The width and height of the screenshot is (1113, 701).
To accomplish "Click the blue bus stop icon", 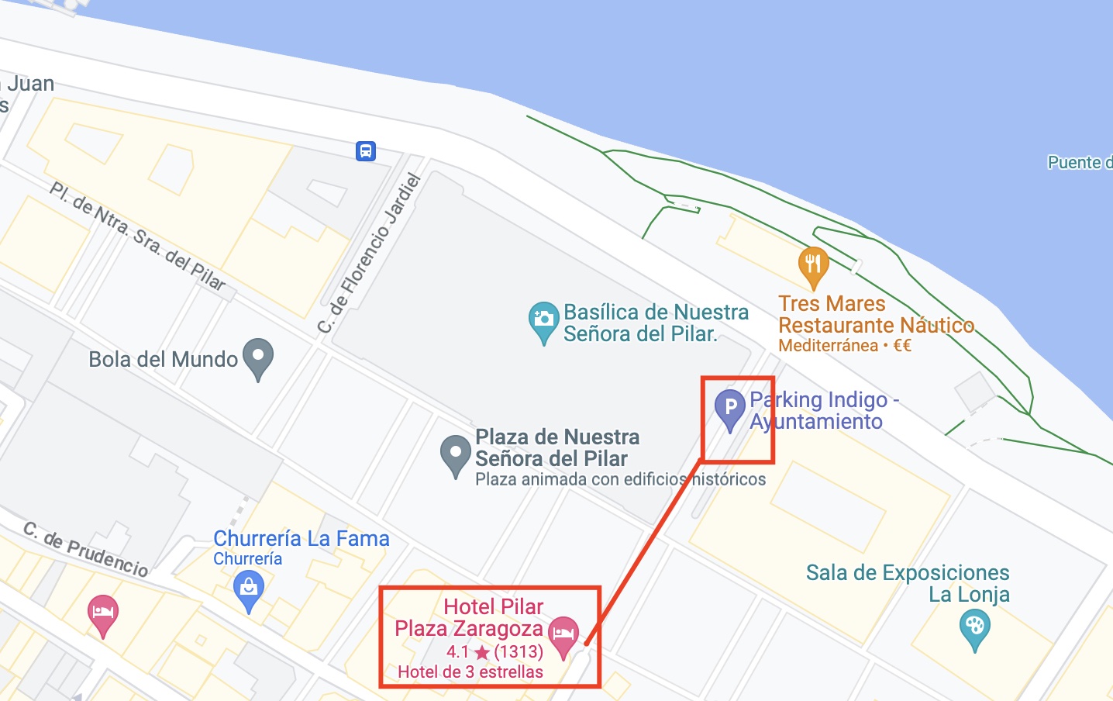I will pyautogui.click(x=366, y=150).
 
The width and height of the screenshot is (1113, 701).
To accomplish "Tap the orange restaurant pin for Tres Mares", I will pyautogui.click(x=813, y=264).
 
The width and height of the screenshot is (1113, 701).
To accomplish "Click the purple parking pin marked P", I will pyautogui.click(x=729, y=407).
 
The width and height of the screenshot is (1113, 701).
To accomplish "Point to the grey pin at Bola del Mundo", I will pyautogui.click(x=258, y=357).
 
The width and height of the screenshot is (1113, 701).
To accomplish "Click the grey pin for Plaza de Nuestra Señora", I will pyautogui.click(x=456, y=454).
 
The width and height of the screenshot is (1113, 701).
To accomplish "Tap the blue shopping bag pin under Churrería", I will pyautogui.click(x=249, y=589).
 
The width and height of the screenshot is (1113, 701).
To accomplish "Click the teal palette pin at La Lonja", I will pyautogui.click(x=974, y=627).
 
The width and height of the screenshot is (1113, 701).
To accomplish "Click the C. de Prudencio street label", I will pyautogui.click(x=85, y=549).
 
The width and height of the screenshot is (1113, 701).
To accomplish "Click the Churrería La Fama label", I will pyautogui.click(x=302, y=538).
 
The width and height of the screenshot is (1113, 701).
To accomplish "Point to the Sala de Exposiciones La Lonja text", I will pyautogui.click(x=908, y=583).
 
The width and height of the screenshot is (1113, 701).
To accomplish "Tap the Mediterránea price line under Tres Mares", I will pyautogui.click(x=845, y=346).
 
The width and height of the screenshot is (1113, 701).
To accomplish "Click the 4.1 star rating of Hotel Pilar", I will pyautogui.click(x=494, y=651).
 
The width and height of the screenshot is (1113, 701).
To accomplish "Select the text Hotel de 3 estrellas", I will pyautogui.click(x=470, y=672).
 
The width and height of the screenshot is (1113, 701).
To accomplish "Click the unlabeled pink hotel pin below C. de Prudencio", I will pyautogui.click(x=103, y=613).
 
